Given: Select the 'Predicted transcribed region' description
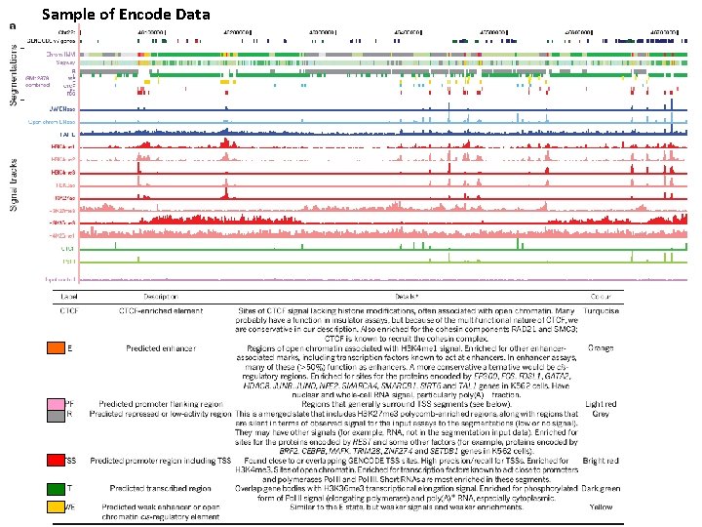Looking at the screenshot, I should click(x=161, y=488).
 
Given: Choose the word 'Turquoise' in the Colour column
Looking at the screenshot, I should click(x=601, y=310).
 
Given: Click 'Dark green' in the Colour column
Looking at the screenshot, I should click(x=601, y=488).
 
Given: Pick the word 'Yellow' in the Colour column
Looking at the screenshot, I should click(x=601, y=507).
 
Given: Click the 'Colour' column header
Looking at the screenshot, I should click(x=601, y=294).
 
